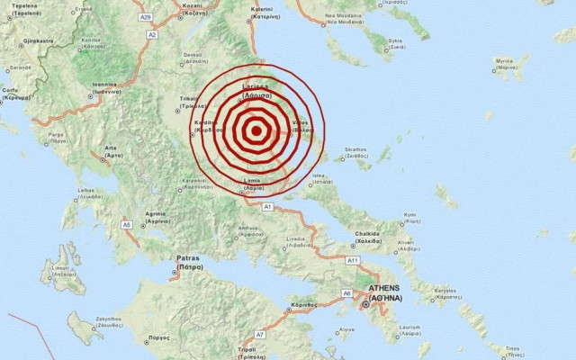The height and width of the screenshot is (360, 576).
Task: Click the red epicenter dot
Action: tap(256, 131)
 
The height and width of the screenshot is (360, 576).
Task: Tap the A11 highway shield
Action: tap(353, 260)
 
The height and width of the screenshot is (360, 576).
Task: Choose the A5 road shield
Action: tap(127, 224)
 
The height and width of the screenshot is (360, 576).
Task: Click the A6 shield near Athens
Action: tap(346, 292)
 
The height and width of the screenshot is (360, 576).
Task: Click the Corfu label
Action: tap(13, 90)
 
